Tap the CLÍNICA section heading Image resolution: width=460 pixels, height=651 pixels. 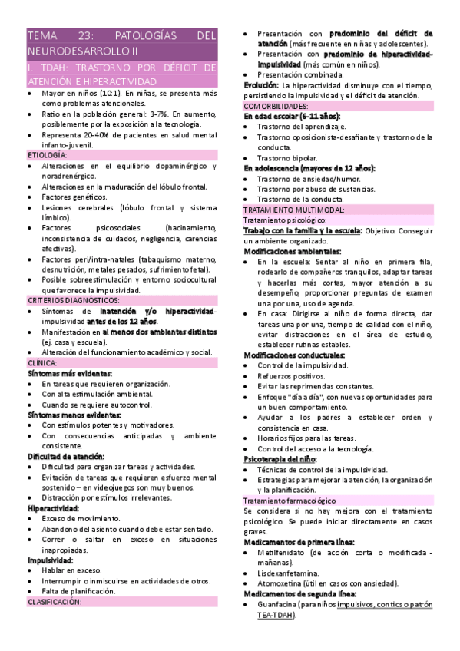pyautogui.click(x=42, y=362)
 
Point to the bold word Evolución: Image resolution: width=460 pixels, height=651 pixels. pyautogui.click(x=262, y=85)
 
